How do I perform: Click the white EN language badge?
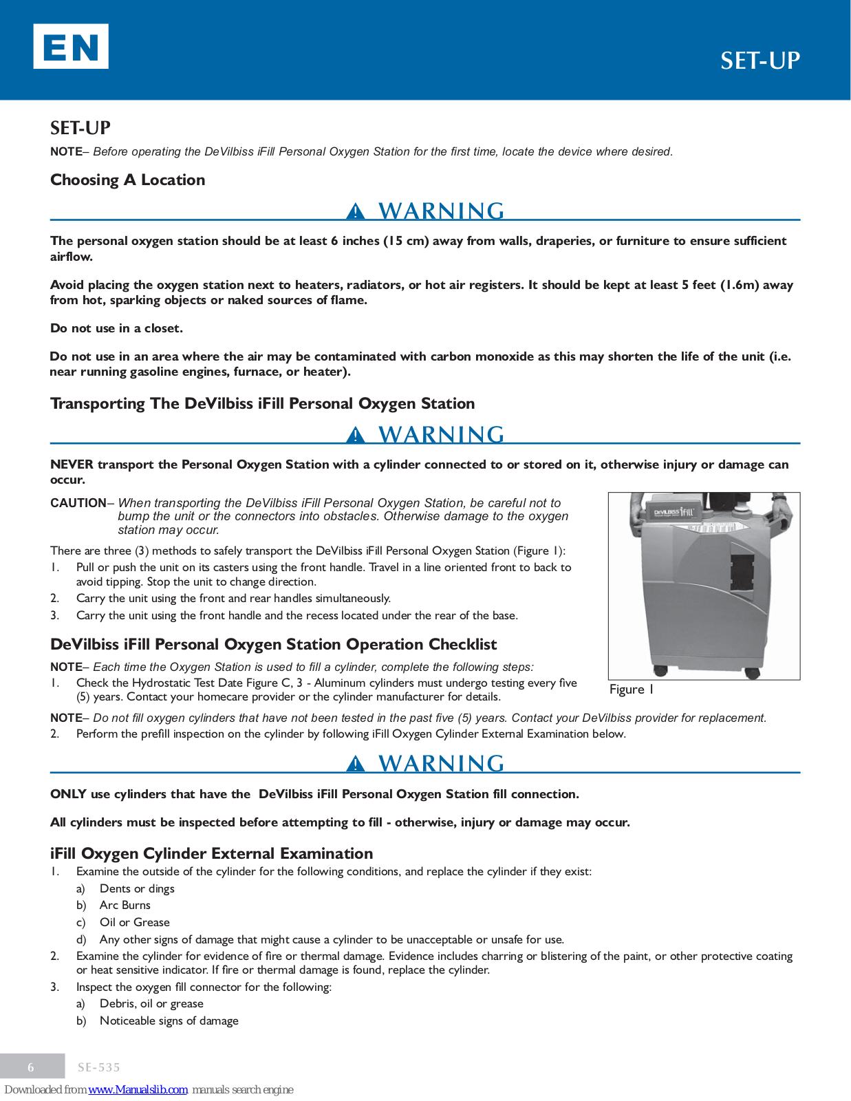click(x=71, y=46)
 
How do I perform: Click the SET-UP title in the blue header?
click(x=760, y=61)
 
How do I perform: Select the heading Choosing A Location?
click(x=128, y=180)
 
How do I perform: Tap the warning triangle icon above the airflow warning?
click(x=355, y=211)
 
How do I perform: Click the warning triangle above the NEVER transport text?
click(x=355, y=435)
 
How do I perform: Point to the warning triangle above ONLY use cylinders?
click(x=355, y=764)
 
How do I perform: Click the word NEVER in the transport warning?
click(x=72, y=464)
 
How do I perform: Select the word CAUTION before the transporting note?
click(x=78, y=503)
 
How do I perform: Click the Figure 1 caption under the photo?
click(x=631, y=690)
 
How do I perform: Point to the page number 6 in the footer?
click(x=31, y=1067)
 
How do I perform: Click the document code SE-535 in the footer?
click(x=99, y=1067)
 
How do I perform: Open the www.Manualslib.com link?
click(x=138, y=1089)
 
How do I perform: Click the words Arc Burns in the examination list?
click(x=125, y=906)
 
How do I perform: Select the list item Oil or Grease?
click(x=134, y=923)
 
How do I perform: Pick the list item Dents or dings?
click(x=137, y=889)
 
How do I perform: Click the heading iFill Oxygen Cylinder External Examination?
click(x=211, y=853)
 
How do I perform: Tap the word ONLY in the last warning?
click(x=68, y=794)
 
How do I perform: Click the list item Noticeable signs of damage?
click(x=169, y=1021)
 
